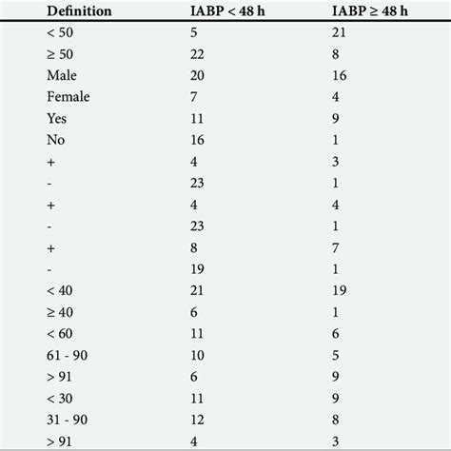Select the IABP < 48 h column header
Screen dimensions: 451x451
point(237,10)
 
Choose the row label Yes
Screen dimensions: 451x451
point(56,119)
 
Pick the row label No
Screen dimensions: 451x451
point(55,140)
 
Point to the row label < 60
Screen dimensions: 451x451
point(60,333)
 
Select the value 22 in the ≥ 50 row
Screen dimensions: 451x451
point(198,53)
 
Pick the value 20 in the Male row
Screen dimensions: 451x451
point(198,74)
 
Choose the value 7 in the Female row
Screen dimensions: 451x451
point(194,96)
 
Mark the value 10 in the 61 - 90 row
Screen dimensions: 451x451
point(198,355)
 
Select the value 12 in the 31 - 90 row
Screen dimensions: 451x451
point(198,419)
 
